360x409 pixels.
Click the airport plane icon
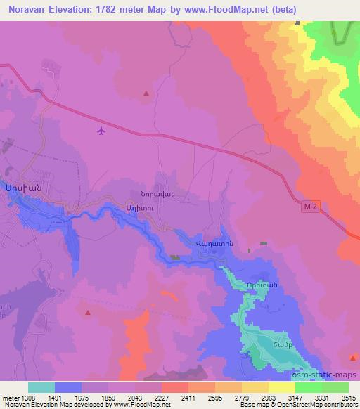(x=102, y=130)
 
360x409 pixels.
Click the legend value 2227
(x=161, y=397)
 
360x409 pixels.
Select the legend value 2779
(x=243, y=397)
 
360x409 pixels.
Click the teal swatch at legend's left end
(x=41, y=387)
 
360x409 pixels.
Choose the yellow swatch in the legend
(x=282, y=387)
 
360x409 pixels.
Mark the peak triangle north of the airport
(x=146, y=93)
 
